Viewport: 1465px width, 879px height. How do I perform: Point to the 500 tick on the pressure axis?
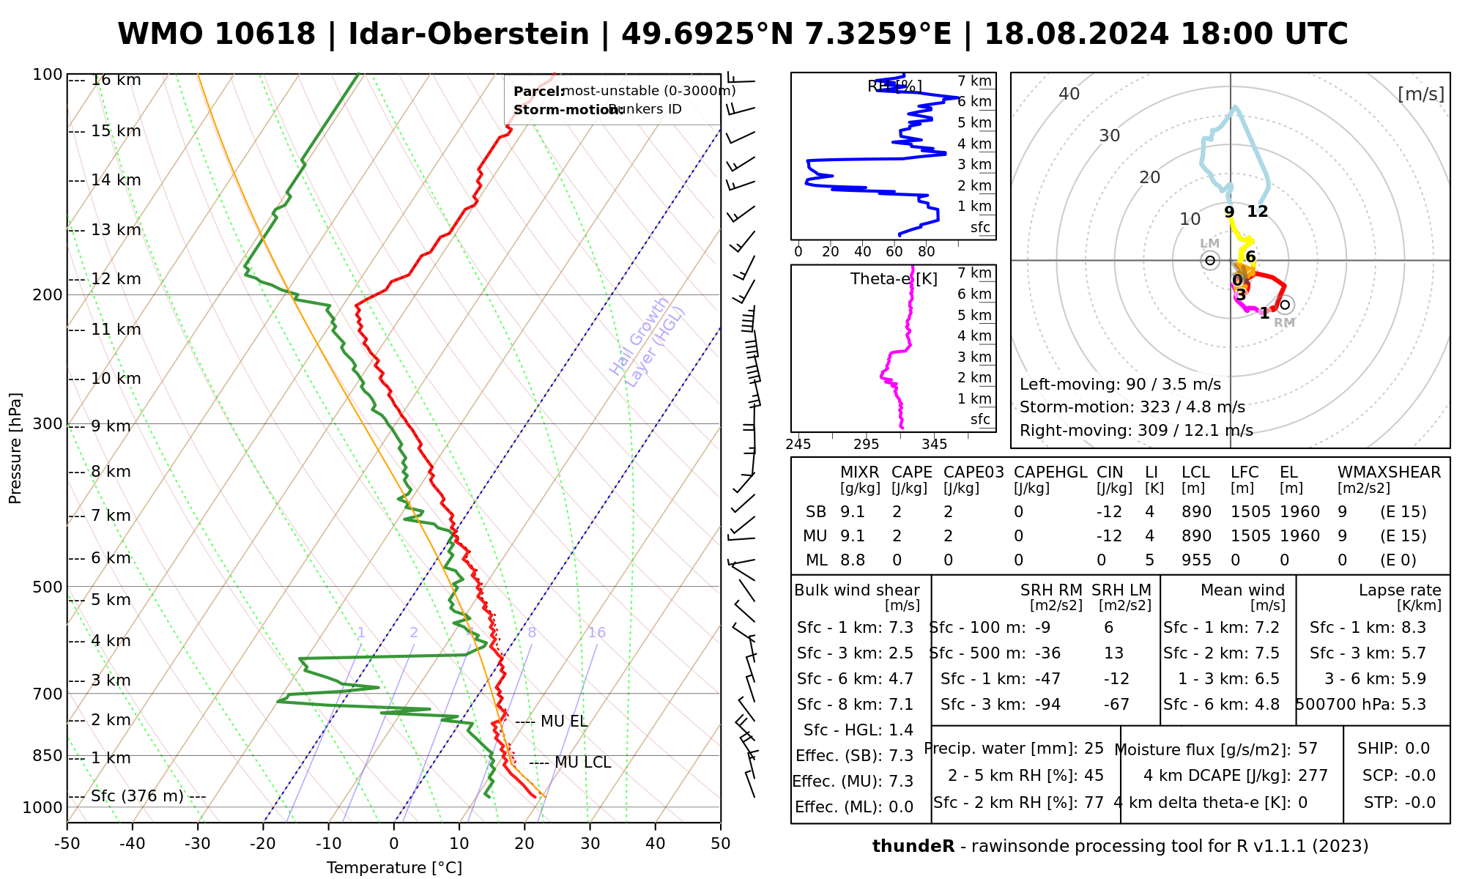48,587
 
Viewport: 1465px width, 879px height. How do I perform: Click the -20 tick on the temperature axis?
263,844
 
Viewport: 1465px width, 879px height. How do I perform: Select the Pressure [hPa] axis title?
15,448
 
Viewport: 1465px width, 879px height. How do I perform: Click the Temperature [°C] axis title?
394,868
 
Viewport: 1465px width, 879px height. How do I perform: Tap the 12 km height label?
116,279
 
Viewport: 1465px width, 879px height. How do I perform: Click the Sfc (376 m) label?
137,796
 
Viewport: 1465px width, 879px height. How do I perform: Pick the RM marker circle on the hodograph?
1284,305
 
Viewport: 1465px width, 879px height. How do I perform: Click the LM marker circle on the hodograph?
1210,260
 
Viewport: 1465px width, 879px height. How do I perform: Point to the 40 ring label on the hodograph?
1069,94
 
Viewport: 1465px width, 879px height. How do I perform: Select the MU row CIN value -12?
1109,536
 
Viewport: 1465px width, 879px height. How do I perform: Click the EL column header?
1288,472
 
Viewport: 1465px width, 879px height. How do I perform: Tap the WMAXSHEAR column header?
1389,472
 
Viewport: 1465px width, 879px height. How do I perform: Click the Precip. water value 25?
1094,749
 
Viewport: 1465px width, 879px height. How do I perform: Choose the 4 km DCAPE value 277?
1313,776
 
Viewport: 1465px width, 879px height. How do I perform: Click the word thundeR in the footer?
913,847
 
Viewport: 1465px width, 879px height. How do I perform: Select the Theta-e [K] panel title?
894,279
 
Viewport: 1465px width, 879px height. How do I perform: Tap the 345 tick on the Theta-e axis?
934,445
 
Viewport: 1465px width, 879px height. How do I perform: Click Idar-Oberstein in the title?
469,34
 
